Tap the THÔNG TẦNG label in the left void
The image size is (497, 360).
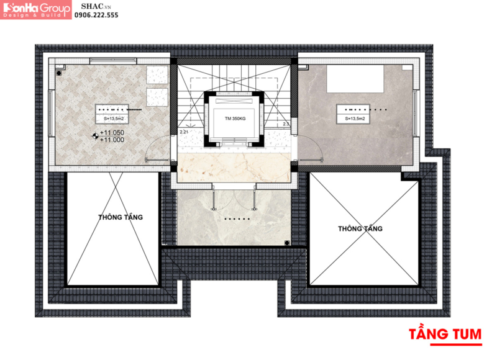[121, 217]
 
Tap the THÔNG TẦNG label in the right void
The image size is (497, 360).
[360, 228]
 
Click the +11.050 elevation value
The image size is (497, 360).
[112, 133]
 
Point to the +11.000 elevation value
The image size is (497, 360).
[112, 140]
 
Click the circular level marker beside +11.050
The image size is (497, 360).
[94, 134]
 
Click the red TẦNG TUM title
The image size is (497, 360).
[445, 333]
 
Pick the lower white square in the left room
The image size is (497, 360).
[157, 97]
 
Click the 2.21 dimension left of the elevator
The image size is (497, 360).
[183, 132]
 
